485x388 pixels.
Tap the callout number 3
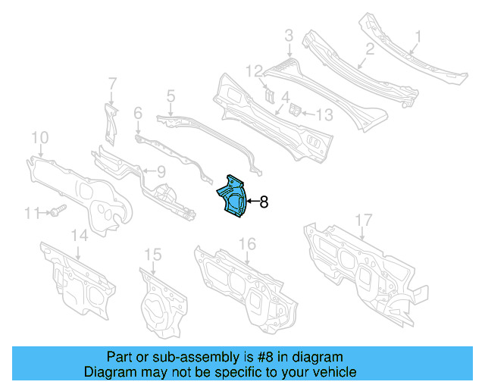coord(289,35)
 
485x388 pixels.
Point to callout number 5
coord(171,95)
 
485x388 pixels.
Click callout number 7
coord(111,83)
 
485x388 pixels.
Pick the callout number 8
coord(264,202)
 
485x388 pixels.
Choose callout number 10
coord(39,137)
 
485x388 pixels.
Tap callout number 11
coord(30,214)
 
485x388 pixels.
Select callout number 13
coord(324,114)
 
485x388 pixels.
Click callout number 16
coord(248,243)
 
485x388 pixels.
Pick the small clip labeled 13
coord(298,111)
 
